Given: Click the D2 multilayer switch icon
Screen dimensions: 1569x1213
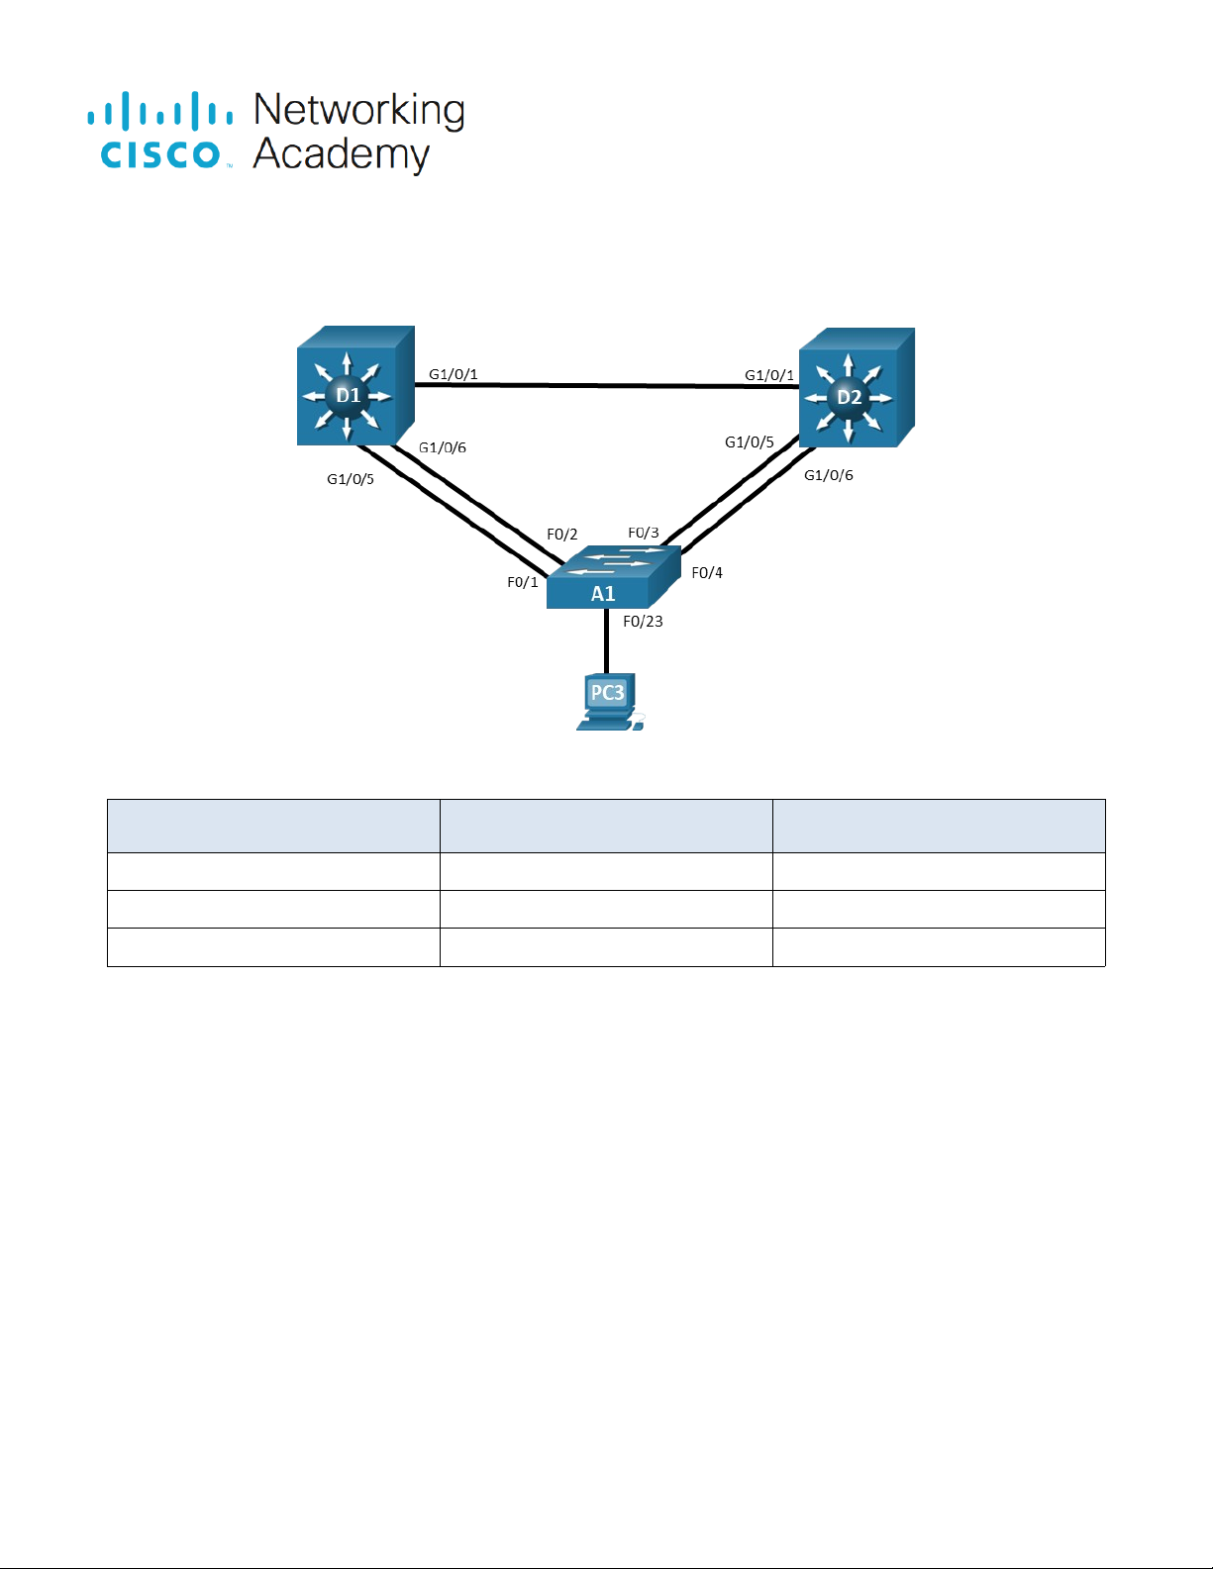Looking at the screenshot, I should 856,389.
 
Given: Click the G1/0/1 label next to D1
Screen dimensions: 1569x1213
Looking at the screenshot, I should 454,374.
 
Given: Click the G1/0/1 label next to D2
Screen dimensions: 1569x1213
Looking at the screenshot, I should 769,375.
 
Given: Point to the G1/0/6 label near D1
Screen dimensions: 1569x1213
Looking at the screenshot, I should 443,447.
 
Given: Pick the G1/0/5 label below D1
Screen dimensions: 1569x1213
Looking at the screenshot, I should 351,479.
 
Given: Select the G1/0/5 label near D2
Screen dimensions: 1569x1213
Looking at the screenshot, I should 750,442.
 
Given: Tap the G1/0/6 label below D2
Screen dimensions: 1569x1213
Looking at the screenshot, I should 829,475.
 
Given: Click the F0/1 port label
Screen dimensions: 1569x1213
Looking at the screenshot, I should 523,582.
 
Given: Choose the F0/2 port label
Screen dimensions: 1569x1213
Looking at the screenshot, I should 562,535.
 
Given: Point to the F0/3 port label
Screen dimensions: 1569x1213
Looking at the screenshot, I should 644,533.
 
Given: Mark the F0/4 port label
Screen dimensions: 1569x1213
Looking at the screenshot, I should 707,573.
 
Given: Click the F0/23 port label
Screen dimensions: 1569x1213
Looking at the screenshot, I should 643,622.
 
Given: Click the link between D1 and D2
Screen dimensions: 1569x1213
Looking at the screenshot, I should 606,385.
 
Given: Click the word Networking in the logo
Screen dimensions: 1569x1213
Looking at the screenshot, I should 359,110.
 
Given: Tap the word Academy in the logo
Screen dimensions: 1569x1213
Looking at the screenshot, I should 342,154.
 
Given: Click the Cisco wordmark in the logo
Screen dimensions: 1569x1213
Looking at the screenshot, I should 160,154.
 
